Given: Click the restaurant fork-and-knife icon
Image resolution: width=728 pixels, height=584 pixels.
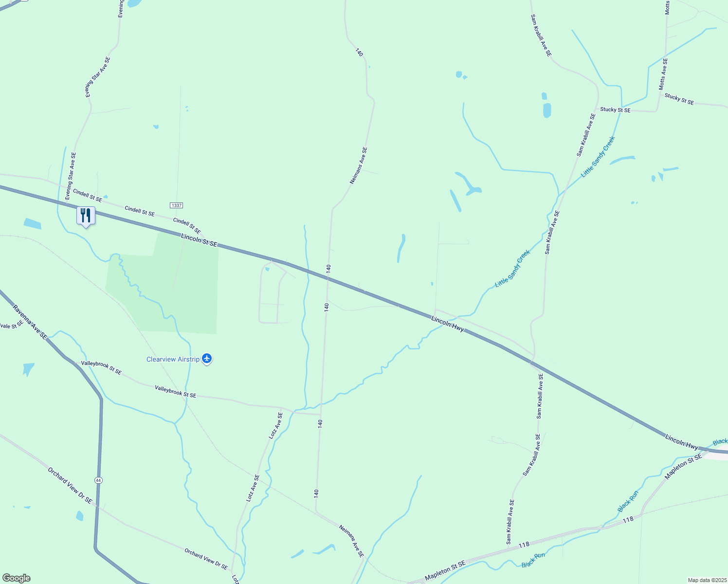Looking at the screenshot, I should [86, 215].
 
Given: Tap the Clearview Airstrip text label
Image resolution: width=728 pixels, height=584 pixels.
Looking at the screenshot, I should [173, 359].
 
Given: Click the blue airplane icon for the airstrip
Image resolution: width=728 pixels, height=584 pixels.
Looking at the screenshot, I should [207, 359].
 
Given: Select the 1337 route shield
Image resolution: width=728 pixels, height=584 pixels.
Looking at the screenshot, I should [176, 205].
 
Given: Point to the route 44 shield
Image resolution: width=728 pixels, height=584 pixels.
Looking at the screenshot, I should [99, 480].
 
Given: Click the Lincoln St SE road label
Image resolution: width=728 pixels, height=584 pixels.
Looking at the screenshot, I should [199, 239].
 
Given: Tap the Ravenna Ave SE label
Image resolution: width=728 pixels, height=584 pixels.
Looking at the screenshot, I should [30, 322].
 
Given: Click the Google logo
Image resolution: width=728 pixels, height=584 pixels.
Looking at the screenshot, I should [16, 578].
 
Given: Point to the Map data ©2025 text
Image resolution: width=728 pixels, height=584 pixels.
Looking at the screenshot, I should [707, 580].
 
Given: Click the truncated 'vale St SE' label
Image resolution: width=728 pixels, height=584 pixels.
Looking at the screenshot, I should [11, 325].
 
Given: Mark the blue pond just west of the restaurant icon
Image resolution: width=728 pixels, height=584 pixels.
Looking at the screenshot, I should [33, 223].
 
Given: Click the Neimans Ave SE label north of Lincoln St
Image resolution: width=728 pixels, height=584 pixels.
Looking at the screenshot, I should [359, 165].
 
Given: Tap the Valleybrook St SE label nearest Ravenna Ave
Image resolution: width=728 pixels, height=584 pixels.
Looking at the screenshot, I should [101, 367].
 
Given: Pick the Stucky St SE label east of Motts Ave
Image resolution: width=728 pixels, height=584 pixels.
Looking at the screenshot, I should [679, 99].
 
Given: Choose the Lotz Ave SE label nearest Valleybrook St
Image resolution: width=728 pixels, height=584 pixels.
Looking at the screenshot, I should [276, 426].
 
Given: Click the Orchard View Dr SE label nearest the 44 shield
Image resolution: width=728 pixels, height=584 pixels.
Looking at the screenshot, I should [70, 485].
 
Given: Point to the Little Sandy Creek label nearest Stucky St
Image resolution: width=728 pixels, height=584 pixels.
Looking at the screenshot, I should [598, 156].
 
